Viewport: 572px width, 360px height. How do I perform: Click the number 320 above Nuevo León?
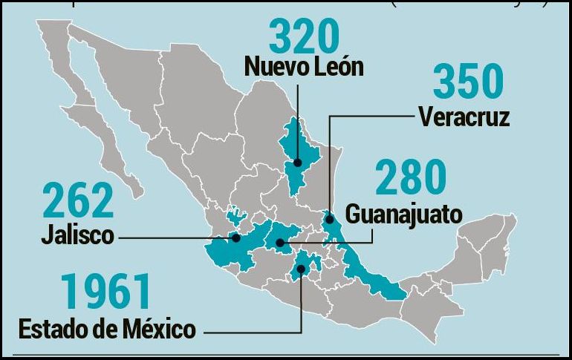point(303,35)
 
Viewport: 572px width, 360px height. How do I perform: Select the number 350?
point(468,82)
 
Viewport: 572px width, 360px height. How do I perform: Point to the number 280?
point(411,178)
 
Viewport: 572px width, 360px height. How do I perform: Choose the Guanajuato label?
point(404,214)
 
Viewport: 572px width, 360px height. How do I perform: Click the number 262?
point(79,201)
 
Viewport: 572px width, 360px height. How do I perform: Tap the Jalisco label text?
point(77,236)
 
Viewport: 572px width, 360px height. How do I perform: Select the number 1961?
point(106,292)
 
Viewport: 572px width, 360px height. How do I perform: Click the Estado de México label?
point(107,327)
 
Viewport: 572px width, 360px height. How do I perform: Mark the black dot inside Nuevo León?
point(297,161)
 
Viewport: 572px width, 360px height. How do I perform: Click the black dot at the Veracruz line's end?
point(330,220)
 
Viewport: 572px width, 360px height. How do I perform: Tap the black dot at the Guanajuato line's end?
point(280,242)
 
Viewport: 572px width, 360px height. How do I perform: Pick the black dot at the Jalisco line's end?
point(235,238)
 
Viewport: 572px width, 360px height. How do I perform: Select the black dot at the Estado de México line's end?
point(302,270)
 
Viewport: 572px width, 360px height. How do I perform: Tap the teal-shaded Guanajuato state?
point(286,234)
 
